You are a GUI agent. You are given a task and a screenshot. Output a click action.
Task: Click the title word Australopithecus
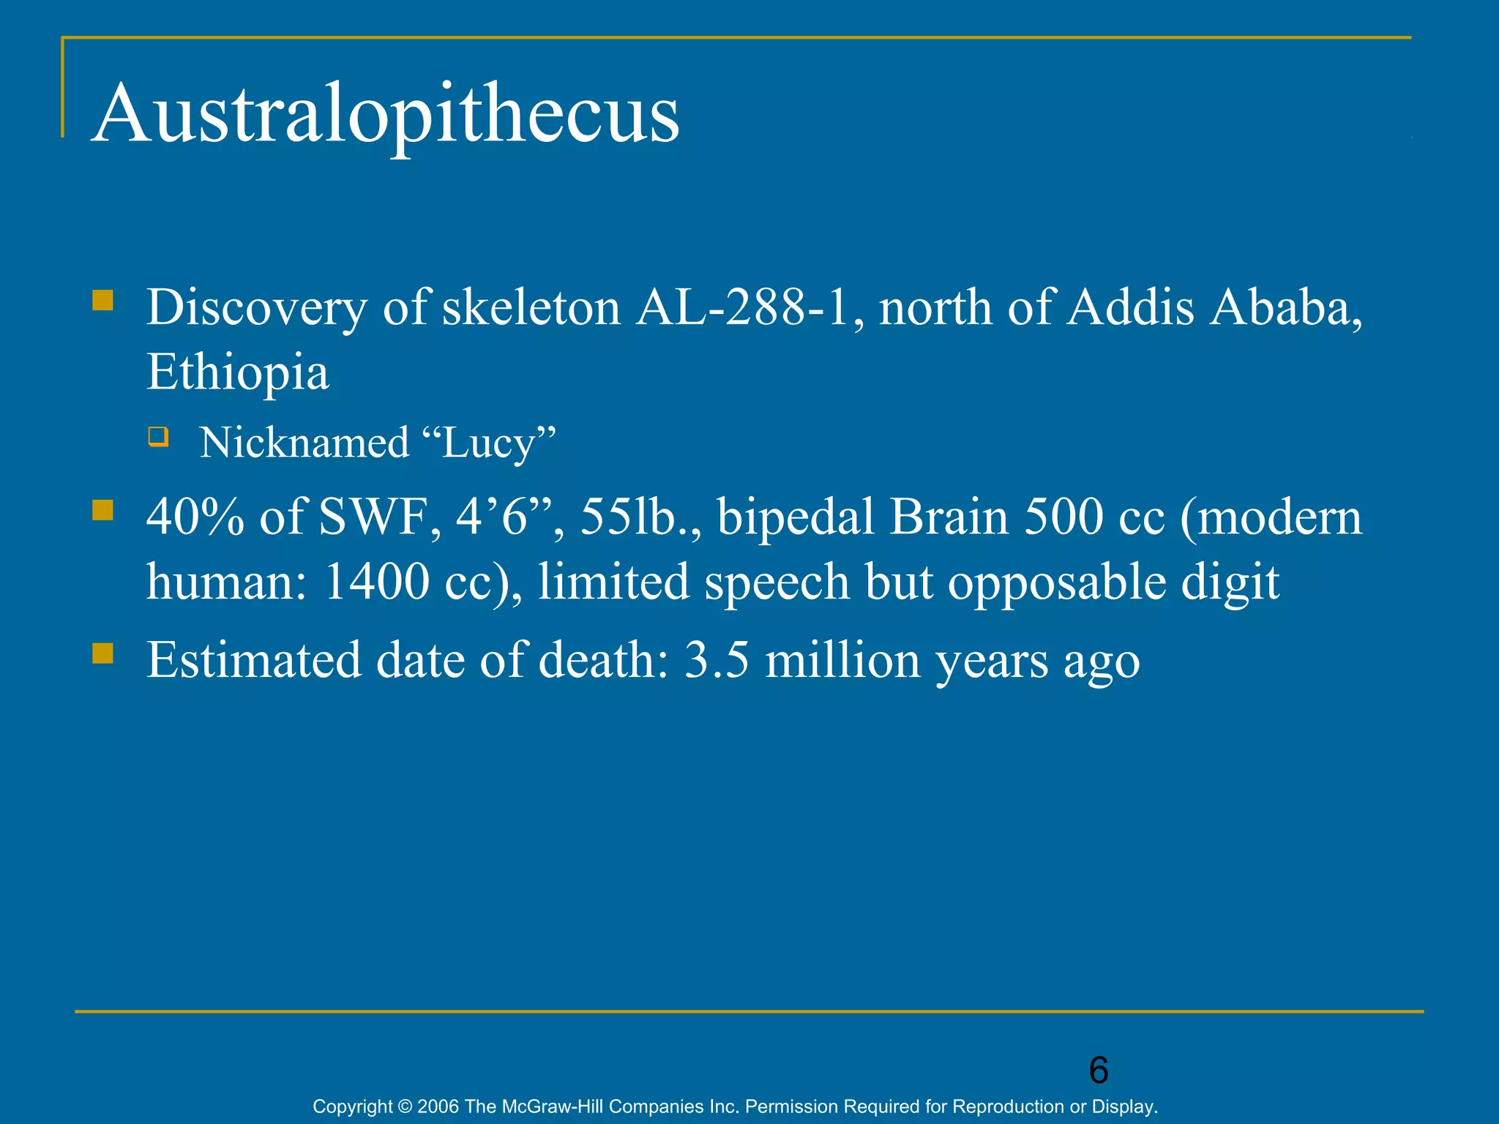point(386,113)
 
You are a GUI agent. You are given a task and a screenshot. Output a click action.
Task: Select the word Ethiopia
point(238,372)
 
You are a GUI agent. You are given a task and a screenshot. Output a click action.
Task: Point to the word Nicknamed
point(304,443)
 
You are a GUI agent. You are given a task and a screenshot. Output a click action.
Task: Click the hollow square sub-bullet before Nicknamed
point(158,438)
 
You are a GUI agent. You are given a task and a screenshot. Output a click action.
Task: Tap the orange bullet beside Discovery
point(103,301)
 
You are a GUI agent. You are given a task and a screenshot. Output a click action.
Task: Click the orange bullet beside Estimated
point(103,653)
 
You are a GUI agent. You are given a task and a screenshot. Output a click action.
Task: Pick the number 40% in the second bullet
point(195,517)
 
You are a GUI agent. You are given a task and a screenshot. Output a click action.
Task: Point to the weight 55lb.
point(634,517)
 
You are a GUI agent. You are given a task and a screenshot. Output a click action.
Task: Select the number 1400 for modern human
point(376,582)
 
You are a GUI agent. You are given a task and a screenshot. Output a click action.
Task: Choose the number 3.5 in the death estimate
point(717,660)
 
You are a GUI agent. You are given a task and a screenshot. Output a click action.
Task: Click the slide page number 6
point(1099,1071)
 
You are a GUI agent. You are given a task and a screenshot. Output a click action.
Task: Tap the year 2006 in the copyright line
point(438,1106)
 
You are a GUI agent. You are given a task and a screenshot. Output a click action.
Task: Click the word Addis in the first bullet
point(1131,307)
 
